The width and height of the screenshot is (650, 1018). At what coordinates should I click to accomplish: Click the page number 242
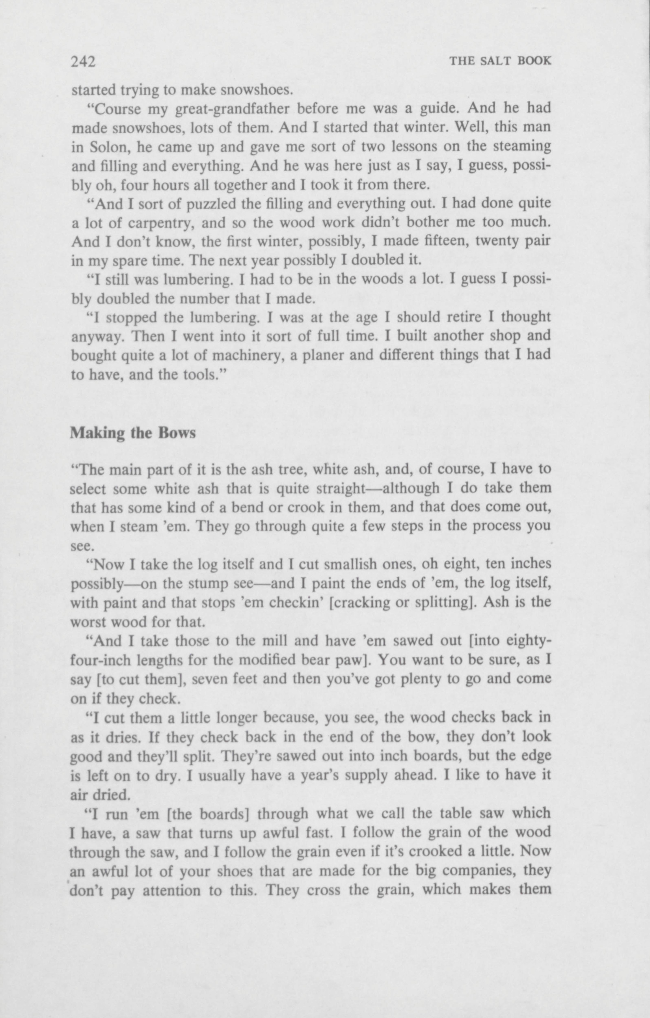click(83, 62)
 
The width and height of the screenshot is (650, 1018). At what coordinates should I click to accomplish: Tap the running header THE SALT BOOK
click(500, 61)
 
